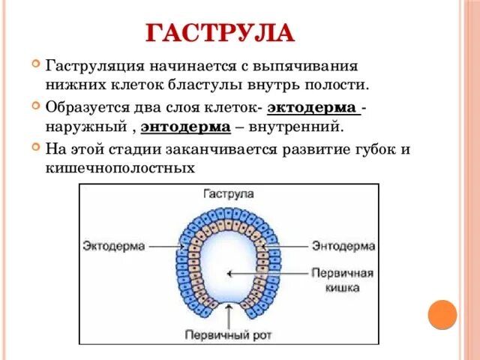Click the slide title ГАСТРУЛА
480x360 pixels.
pos(220,33)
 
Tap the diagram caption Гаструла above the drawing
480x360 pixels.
pos(229,193)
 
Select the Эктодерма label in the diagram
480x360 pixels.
pos(111,245)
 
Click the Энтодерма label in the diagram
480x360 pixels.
pos(343,245)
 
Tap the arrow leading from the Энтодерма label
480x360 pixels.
pos(287,245)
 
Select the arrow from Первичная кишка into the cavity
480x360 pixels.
pos(266,274)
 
